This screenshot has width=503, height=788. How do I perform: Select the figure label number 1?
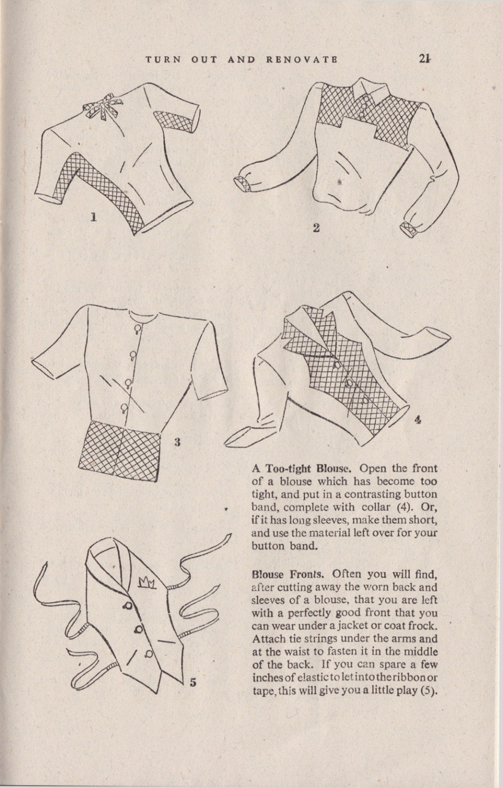coord(93,217)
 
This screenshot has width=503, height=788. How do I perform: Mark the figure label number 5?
coord(193,682)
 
